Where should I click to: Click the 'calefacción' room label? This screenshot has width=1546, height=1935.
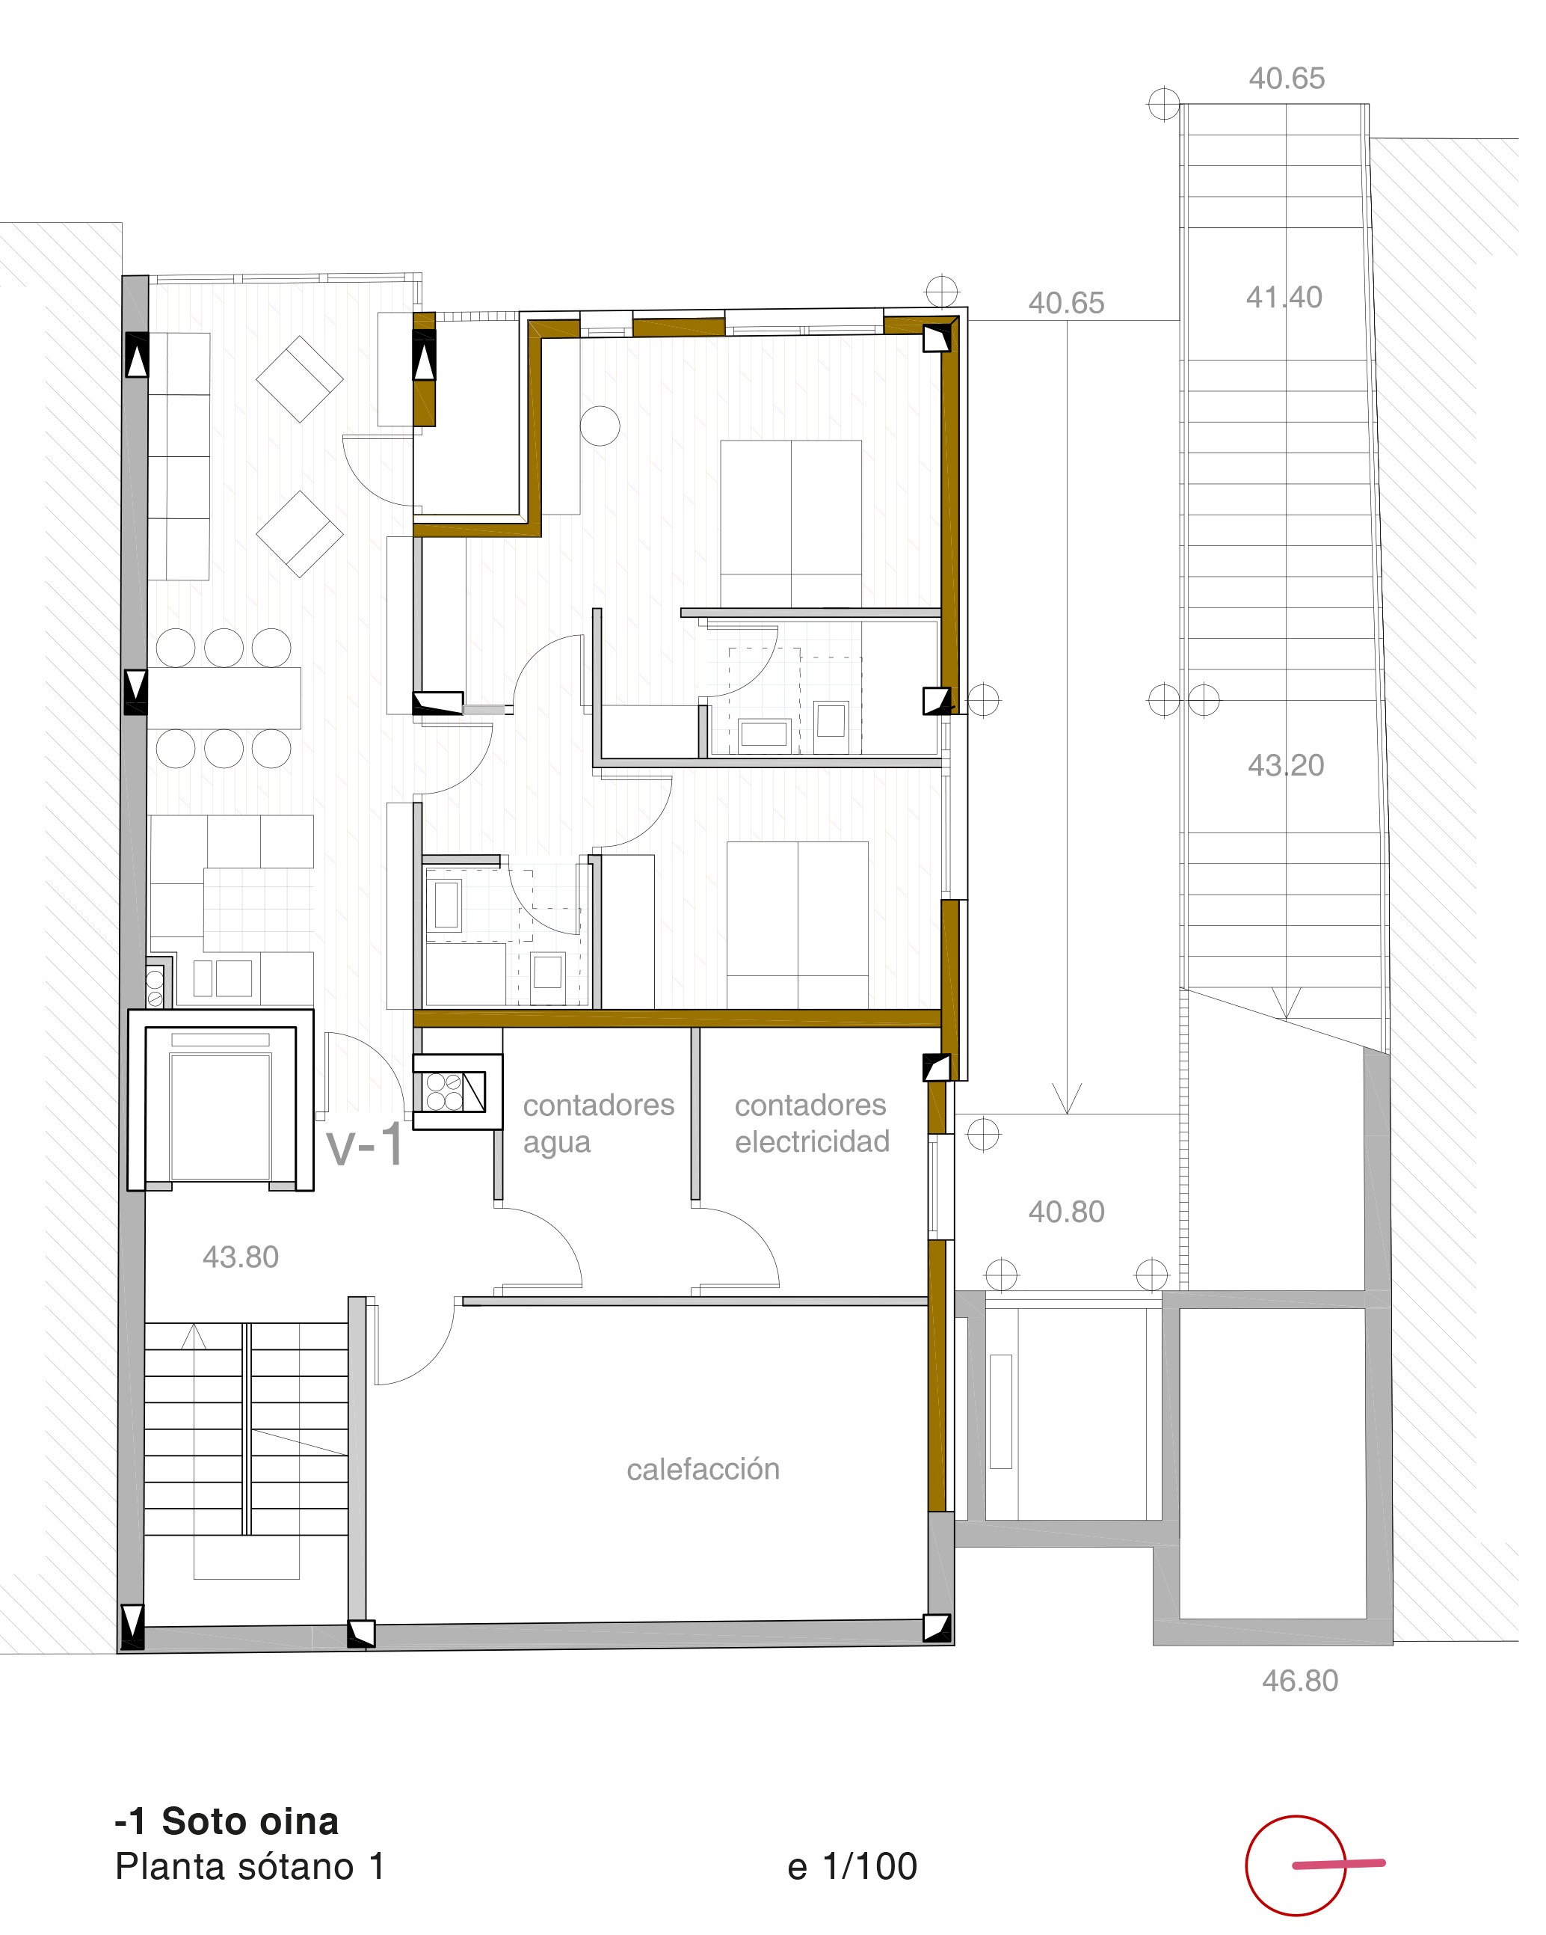point(703,1469)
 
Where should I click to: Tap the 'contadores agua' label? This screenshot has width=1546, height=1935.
point(599,1123)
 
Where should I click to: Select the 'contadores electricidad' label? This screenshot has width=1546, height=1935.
point(812,1123)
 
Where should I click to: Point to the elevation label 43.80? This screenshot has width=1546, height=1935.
point(241,1257)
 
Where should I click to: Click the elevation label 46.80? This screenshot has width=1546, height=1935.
point(1300,1680)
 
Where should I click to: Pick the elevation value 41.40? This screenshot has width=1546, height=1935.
point(1284,297)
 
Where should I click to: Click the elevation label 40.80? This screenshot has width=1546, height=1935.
point(1066,1212)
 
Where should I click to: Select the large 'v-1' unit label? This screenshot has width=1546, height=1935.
point(365,1145)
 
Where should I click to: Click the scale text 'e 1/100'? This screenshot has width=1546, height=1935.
point(852,1866)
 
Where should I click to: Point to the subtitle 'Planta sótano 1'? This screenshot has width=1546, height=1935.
point(250,1867)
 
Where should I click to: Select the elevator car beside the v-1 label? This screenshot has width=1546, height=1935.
point(221,1106)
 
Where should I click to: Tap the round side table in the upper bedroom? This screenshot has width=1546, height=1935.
point(600,426)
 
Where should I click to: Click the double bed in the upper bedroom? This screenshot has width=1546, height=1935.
point(790,524)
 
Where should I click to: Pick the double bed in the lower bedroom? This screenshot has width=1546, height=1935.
point(798,924)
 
